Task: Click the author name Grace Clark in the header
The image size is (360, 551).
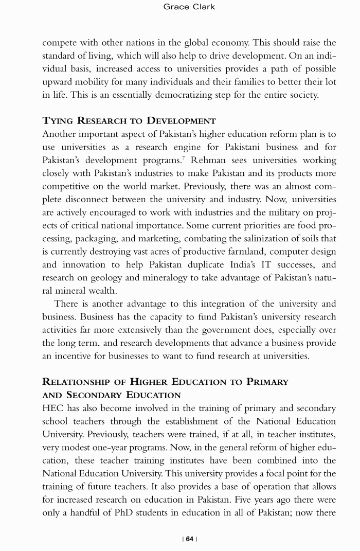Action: point(189,7)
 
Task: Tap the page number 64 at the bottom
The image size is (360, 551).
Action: point(190,539)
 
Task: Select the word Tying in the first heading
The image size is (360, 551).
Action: point(59,121)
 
